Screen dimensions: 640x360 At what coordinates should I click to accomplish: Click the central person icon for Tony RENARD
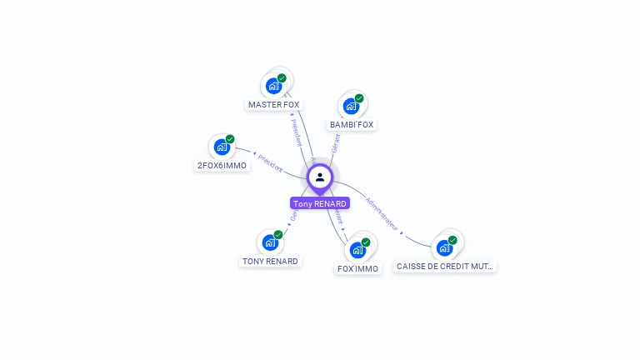click(x=319, y=177)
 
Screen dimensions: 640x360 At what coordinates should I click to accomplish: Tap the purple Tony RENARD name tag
click(x=319, y=203)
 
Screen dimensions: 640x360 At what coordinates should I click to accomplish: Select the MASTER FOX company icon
click(x=273, y=85)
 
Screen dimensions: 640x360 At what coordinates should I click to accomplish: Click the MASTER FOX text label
click(x=273, y=105)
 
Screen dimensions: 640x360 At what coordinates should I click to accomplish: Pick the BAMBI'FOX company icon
click(x=351, y=106)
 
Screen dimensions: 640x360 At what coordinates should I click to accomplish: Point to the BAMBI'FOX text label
click(x=352, y=125)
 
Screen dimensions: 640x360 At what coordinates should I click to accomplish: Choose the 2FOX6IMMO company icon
click(x=222, y=147)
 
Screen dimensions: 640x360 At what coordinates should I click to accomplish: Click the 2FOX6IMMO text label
click(x=222, y=166)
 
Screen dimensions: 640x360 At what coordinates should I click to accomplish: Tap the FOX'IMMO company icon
click(x=357, y=249)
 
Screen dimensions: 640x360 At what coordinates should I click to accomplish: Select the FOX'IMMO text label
click(x=357, y=269)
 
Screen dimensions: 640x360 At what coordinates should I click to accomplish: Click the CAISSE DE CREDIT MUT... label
click(x=445, y=267)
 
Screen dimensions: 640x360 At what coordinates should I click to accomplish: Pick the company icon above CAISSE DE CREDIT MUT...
click(x=445, y=247)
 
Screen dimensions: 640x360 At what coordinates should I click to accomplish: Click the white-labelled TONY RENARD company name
click(x=270, y=262)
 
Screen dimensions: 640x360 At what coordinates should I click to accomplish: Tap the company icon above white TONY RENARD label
click(x=270, y=242)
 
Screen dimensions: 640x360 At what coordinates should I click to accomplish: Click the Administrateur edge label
click(x=382, y=214)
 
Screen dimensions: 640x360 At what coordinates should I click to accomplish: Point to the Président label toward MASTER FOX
click(x=296, y=132)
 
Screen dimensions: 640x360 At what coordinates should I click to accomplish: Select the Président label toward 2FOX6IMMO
click(x=270, y=162)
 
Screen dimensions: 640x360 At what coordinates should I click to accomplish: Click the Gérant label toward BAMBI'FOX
click(x=335, y=142)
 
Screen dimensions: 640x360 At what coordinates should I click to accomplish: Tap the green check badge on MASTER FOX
click(x=282, y=77)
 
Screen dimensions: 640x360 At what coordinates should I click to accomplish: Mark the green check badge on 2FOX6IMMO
click(x=230, y=139)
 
